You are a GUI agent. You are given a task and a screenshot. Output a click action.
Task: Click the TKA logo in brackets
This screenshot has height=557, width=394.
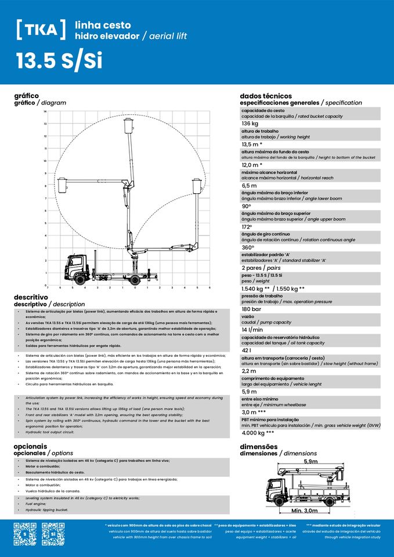41,30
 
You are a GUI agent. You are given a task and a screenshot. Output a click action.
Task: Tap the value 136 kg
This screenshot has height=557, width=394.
250,124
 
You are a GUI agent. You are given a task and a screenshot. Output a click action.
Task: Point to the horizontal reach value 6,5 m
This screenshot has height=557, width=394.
250,186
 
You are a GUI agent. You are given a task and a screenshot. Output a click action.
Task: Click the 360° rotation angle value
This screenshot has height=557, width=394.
250,247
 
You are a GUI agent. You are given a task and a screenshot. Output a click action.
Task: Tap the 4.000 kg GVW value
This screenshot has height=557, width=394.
258,433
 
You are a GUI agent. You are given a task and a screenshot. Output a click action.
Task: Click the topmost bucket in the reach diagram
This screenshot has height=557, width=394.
128,126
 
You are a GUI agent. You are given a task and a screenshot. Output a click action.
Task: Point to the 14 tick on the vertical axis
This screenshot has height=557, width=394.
45,111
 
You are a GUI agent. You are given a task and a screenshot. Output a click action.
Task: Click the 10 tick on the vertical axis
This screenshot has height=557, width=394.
45,161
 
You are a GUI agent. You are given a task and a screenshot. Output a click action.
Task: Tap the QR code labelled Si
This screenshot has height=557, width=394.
53,534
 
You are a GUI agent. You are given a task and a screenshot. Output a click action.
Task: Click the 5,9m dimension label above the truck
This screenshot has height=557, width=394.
310,461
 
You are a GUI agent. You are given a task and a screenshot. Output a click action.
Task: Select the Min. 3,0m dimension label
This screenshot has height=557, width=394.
304,511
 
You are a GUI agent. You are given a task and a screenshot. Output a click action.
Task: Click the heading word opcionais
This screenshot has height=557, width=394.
30,447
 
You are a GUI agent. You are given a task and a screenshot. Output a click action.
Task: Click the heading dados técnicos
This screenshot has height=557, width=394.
266,96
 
